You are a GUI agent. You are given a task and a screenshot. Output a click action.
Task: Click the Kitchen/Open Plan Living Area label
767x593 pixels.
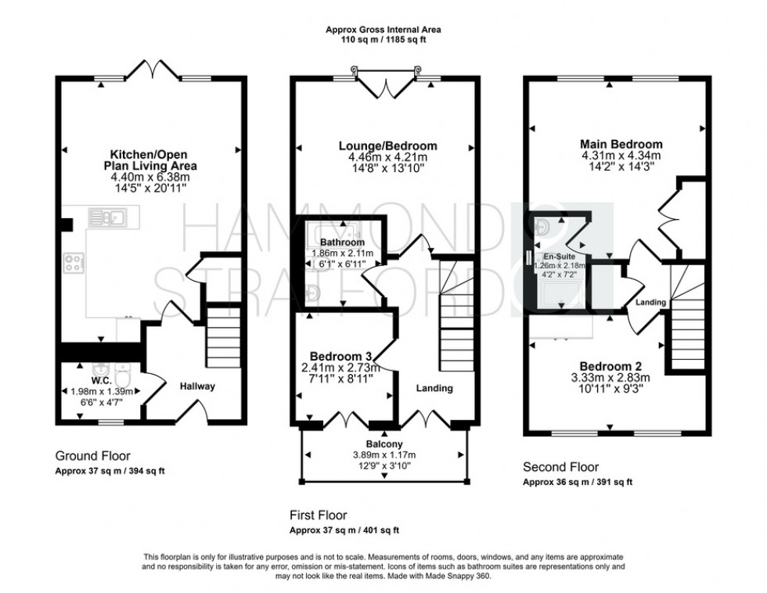coord(153,160)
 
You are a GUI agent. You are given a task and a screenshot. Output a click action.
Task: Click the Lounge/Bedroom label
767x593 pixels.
coord(387,146)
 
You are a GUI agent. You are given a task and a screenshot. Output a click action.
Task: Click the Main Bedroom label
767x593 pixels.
coord(621,144)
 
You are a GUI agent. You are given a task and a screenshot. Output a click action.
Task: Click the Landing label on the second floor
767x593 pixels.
coord(650,303)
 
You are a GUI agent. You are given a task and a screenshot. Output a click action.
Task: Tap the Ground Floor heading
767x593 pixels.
coord(93,455)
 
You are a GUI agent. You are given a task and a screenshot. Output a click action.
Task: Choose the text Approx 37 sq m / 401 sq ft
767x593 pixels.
coord(344,530)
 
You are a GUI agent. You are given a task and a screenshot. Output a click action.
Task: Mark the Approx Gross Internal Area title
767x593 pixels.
coord(383,30)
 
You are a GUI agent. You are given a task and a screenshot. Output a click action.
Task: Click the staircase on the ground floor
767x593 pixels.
coord(223,336)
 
